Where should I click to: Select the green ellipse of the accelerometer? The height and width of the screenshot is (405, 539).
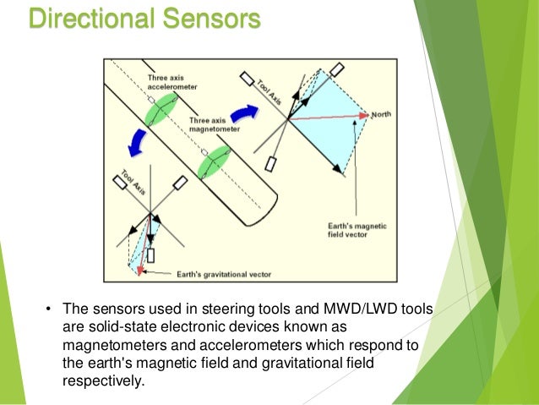coord(159,111)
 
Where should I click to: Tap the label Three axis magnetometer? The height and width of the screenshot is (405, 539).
coord(215,125)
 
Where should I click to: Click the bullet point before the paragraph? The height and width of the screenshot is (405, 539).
coord(49,309)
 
